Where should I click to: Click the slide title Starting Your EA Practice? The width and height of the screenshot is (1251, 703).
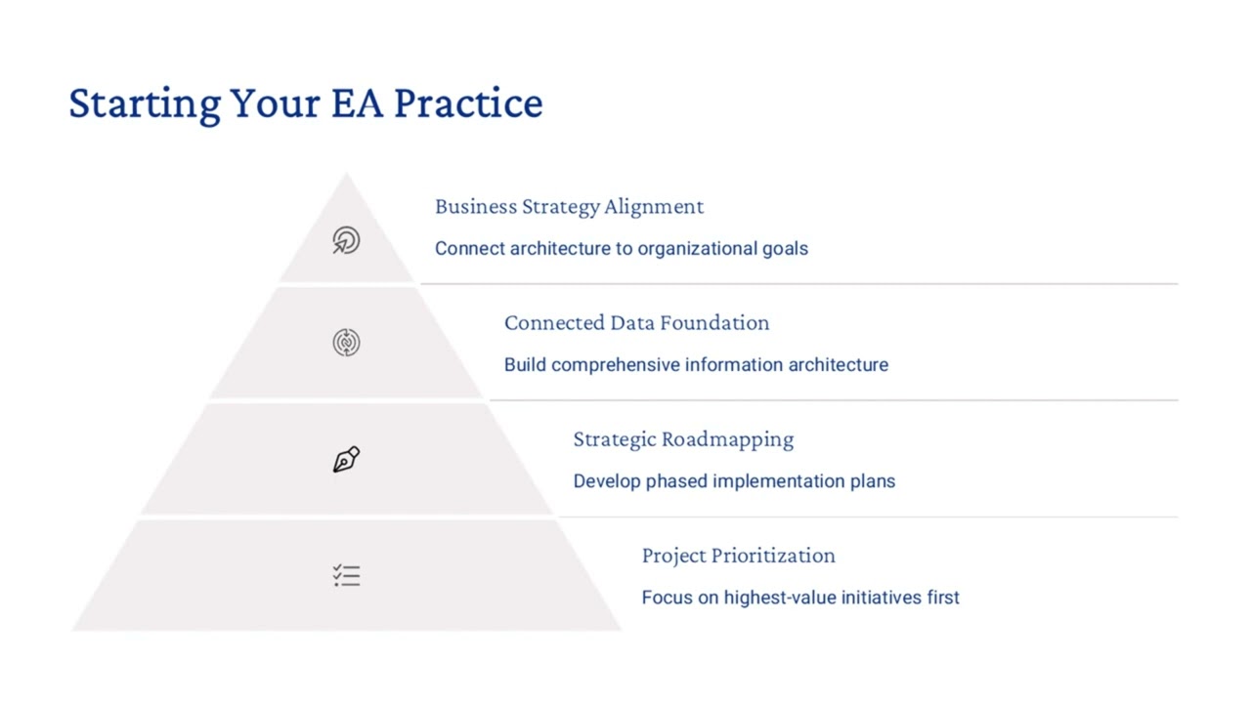pyautogui.click(x=305, y=103)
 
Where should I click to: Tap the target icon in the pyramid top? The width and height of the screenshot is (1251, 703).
pyautogui.click(x=346, y=240)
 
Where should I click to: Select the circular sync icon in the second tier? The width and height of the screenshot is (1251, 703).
pyautogui.click(x=346, y=343)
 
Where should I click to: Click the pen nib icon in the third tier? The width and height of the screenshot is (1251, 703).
pyautogui.click(x=346, y=459)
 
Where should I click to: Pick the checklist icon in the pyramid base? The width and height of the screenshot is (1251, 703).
pyautogui.click(x=346, y=575)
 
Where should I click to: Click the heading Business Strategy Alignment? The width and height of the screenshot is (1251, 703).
pyautogui.click(x=569, y=207)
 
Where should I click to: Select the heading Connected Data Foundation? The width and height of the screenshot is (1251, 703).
pyautogui.click(x=636, y=323)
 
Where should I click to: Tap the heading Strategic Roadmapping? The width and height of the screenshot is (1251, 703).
pyautogui.click(x=683, y=439)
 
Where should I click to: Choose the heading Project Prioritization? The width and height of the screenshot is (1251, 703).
pyautogui.click(x=738, y=556)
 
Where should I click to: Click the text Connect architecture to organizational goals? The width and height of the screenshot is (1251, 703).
pyautogui.click(x=621, y=249)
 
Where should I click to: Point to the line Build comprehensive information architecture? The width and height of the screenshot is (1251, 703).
pyautogui.click(x=696, y=365)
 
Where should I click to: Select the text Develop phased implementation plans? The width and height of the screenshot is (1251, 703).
pyautogui.click(x=734, y=481)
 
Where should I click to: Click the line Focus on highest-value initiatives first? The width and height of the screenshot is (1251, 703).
pyautogui.click(x=800, y=598)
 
